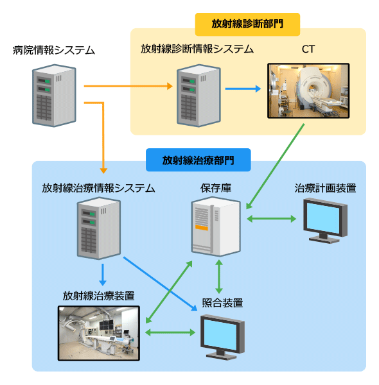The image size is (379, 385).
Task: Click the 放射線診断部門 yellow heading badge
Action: pos(247,24)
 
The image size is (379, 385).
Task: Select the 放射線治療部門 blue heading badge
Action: pos(198,160)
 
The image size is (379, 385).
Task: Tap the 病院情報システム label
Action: pos(53,50)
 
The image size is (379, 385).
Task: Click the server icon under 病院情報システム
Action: pos(54,96)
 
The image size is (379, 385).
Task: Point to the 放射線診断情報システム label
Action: pos(197,49)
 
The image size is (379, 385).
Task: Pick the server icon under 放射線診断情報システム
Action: pos(198,96)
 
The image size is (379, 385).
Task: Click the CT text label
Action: pos(308,49)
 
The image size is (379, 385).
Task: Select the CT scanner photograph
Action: pos(308,91)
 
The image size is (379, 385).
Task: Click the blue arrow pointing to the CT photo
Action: pos(243,89)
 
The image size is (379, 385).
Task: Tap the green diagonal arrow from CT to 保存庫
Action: pos(275,166)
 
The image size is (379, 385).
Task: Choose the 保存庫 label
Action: pos(216,188)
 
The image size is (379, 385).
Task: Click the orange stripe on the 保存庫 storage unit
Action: pos(202,228)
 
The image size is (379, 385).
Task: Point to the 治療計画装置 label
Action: pos(325,188)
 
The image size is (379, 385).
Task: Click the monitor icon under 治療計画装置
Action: pos(325,221)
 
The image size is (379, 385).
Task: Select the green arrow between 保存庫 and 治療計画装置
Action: pos(271,219)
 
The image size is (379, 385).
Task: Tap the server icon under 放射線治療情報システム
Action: pos(99,228)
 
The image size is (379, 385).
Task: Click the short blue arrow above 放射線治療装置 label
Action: pos(103,275)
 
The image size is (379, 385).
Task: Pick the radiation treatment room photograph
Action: pos(99,333)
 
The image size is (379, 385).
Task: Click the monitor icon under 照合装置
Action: pos(222,337)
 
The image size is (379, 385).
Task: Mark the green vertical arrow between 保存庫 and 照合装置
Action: pos(219,277)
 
